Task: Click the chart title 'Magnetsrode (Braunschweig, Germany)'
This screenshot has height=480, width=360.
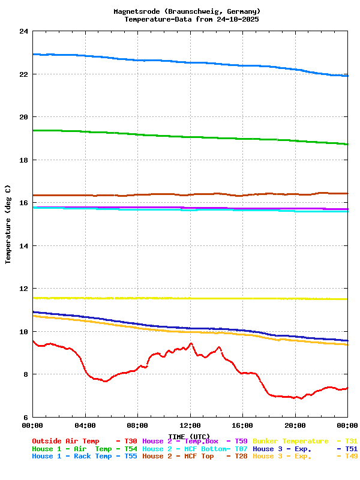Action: (x=187, y=11)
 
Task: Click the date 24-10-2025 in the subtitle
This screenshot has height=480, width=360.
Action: (x=238, y=19)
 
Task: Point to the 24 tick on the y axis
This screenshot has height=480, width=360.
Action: (x=23, y=31)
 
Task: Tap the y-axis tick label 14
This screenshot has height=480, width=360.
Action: (x=23, y=246)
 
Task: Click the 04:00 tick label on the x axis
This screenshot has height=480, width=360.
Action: (x=85, y=425)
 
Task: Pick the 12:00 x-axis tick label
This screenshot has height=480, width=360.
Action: (x=190, y=425)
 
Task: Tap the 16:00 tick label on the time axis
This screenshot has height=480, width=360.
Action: (x=242, y=425)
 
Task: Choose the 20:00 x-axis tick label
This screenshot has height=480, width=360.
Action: (x=295, y=425)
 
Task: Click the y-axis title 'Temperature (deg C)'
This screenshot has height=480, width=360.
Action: (x=8, y=224)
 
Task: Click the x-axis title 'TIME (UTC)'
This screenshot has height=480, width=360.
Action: (x=190, y=436)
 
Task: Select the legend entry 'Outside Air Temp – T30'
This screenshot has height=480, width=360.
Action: (x=84, y=441)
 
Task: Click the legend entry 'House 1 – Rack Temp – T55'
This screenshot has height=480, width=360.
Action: (x=84, y=457)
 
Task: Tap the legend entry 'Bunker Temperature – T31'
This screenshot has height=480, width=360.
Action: (x=305, y=441)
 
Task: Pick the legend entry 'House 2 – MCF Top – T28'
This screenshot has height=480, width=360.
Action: (x=194, y=457)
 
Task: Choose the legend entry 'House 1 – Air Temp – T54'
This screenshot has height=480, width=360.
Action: (x=84, y=449)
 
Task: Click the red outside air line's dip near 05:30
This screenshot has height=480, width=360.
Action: (x=105, y=381)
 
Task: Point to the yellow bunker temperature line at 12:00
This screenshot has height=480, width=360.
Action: (x=190, y=298)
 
